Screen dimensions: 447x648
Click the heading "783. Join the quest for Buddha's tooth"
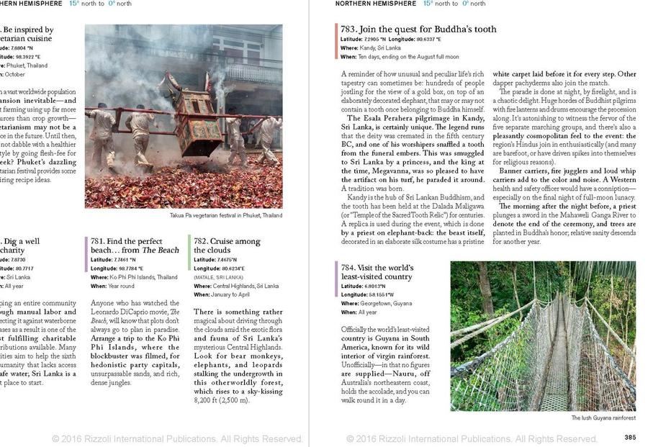[x=419, y=30]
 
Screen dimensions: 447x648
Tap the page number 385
[x=629, y=437]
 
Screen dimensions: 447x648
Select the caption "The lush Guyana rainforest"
[x=603, y=418]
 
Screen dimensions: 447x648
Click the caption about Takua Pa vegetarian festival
[x=225, y=215]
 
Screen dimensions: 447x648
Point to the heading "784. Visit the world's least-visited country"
[x=377, y=272]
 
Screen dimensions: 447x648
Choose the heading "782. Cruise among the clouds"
[x=227, y=246]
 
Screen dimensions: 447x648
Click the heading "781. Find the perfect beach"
[x=135, y=246]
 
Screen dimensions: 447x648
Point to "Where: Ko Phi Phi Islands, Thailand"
[x=134, y=277]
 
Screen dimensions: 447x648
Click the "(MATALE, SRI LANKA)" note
[x=220, y=277]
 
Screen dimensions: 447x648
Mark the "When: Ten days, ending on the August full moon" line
[x=400, y=57]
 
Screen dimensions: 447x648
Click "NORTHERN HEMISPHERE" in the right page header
[x=376, y=4]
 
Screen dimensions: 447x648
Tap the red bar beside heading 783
[x=336, y=42]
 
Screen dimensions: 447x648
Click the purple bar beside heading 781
[x=87, y=254]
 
